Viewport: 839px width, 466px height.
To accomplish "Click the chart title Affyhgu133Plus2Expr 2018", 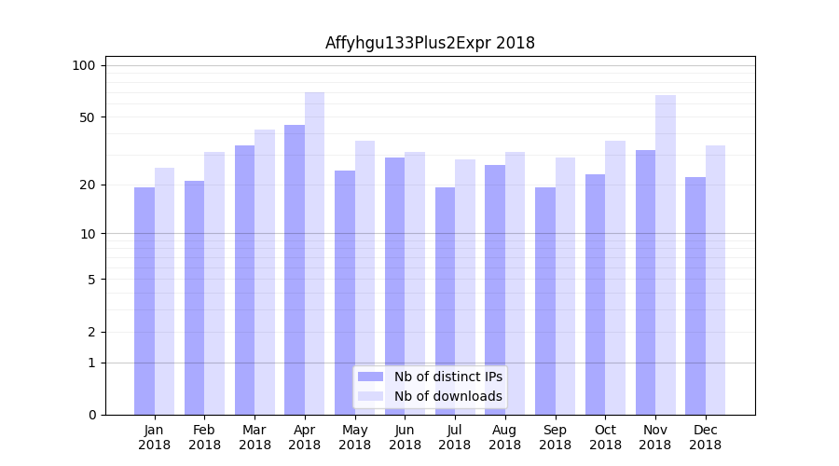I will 430,43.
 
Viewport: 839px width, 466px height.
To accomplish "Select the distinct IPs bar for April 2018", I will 295,269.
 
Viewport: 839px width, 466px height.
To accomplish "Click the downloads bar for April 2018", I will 315,253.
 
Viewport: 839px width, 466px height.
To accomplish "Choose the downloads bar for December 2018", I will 716,280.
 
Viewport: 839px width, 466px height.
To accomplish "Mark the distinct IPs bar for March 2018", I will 244,280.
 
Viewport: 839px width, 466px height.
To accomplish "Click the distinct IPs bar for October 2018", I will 596,294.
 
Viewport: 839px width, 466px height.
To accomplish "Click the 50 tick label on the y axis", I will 88,117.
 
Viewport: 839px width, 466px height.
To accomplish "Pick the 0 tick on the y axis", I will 91,415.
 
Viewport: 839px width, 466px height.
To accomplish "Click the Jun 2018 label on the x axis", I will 405,437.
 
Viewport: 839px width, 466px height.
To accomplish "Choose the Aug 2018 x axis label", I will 505,437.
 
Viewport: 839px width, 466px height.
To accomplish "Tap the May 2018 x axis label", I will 355,437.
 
